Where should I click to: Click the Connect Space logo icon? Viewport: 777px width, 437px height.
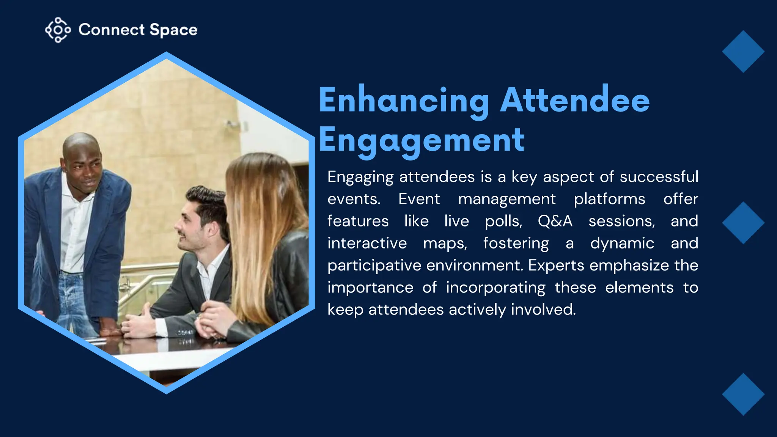point(58,30)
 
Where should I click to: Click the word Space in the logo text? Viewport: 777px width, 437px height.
point(173,30)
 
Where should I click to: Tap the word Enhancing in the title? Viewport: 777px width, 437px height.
point(404,101)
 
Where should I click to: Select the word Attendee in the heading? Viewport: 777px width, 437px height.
point(575,101)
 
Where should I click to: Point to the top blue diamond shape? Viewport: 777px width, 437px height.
point(743,52)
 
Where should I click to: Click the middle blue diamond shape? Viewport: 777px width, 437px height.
point(743,223)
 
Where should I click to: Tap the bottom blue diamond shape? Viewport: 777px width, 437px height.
point(743,394)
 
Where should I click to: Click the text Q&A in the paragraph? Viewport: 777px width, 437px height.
point(555,221)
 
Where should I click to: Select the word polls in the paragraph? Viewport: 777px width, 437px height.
point(503,221)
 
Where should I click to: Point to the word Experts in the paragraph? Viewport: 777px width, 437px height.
point(556,266)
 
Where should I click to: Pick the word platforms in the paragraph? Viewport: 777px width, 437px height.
point(609,199)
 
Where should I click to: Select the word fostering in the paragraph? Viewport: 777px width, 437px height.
point(516,244)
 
